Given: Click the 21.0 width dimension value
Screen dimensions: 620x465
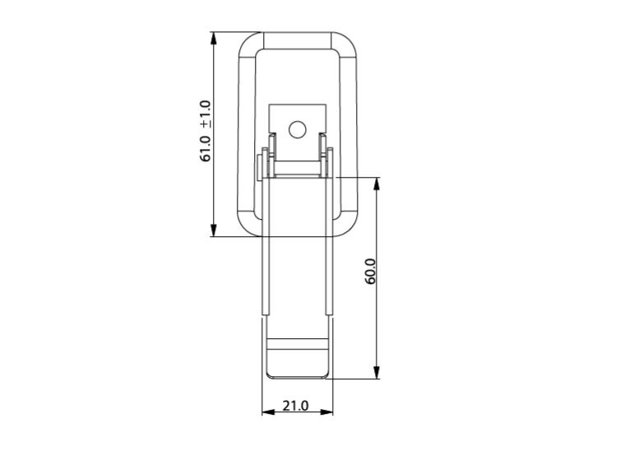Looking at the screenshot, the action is point(295,406).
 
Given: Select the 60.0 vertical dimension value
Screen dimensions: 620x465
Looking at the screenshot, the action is point(371,272).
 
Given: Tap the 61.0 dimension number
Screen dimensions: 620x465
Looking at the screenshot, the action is point(206,148).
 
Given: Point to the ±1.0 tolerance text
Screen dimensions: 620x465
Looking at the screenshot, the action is point(206,114).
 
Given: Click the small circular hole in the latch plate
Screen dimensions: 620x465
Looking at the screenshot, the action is point(298,130).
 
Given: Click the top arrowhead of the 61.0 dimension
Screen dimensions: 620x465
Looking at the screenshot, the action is point(214,39).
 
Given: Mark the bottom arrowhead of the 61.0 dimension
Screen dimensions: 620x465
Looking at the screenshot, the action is point(214,230).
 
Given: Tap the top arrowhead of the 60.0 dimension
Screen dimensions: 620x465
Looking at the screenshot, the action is point(377,184).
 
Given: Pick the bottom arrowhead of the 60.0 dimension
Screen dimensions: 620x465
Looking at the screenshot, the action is point(377,372).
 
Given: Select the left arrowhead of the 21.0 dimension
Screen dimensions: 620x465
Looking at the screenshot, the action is point(268,412).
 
